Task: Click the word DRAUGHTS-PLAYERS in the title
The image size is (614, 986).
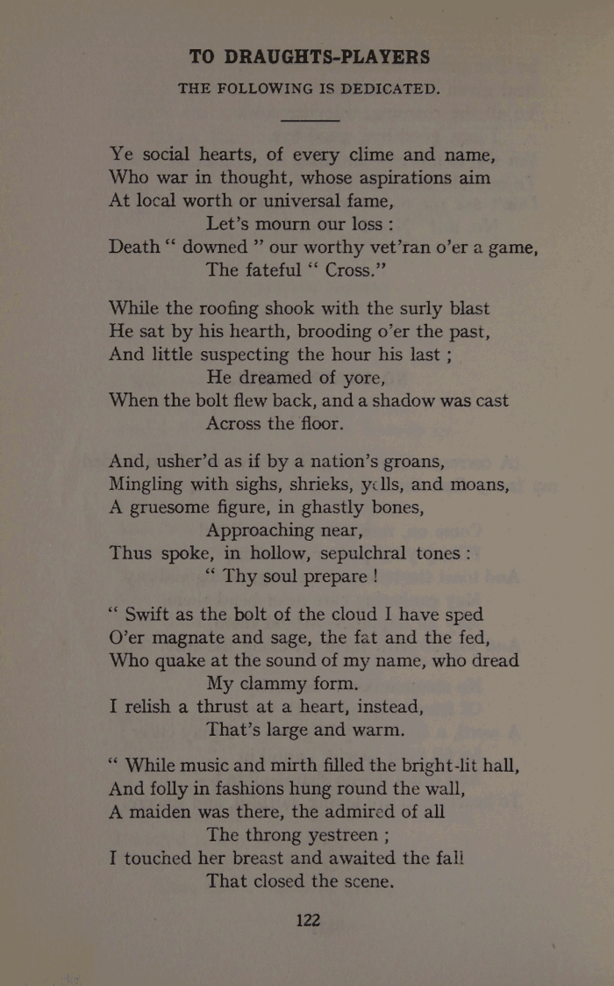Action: coord(327,58)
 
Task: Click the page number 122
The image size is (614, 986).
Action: coord(308,920)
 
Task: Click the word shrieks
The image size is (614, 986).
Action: coord(334,485)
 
